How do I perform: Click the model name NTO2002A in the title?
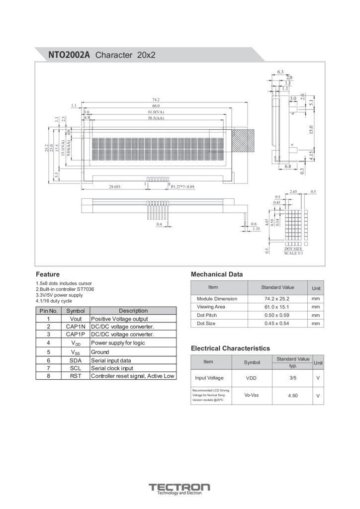[x=69, y=55]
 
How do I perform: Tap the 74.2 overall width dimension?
[x=156, y=100]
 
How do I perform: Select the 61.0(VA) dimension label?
[x=156, y=112]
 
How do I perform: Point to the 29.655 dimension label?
[x=115, y=187]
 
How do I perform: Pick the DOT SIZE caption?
[x=293, y=249]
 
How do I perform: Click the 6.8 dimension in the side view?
[x=288, y=166]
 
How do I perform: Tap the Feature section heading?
[x=48, y=274]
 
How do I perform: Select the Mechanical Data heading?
[x=217, y=274]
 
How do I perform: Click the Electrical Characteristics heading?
[x=230, y=348]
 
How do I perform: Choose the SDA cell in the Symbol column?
[x=76, y=360]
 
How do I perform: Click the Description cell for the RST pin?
[x=133, y=376]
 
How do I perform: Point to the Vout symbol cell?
[x=76, y=319]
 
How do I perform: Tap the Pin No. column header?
[x=49, y=311]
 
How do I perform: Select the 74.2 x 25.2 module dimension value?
[x=277, y=299]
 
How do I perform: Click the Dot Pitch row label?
[x=207, y=315]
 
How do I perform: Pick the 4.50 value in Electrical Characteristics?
[x=293, y=396]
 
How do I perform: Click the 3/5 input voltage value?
[x=293, y=378]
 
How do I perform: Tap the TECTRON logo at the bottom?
[x=180, y=488]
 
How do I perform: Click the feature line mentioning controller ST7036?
[x=65, y=289]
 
